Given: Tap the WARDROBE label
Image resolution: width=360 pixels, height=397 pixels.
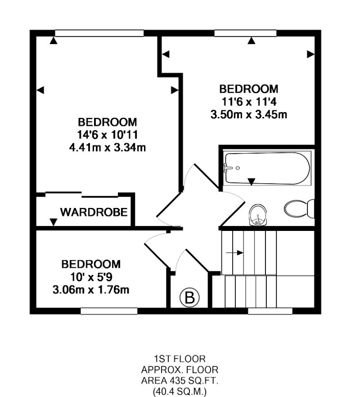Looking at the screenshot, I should [94, 212].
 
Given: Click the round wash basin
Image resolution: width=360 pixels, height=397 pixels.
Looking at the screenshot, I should [258, 215].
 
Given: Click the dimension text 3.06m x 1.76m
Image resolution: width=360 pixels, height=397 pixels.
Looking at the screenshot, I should [91, 289].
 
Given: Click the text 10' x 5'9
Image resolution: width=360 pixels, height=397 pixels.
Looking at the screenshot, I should [91, 276].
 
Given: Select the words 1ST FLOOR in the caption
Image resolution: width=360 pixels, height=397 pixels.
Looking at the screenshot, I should [180, 359].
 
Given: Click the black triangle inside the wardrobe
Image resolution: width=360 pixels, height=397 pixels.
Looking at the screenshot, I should [54, 221].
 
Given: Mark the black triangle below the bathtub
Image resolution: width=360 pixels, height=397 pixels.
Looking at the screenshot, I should [252, 181].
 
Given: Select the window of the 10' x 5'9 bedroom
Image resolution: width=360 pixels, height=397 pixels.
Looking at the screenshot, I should [109, 311].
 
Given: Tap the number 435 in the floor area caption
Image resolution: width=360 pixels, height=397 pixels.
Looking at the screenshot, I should [185, 381].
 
